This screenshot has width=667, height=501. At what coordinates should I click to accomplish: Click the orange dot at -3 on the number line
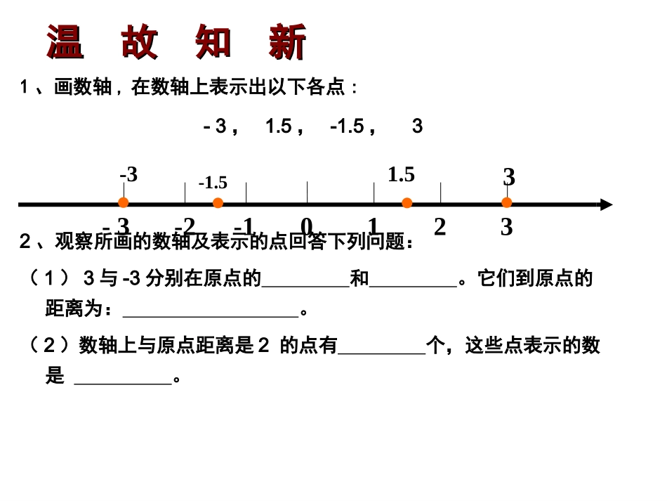[x=123, y=203]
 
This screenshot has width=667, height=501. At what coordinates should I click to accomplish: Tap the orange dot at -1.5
[x=218, y=203]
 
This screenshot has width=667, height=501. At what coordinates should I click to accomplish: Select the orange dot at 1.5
[x=407, y=203]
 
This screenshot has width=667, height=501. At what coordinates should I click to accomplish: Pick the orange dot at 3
[x=507, y=203]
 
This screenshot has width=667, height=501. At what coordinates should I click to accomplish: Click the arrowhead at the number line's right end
[x=607, y=204]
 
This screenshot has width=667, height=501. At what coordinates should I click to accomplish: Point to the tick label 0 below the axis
[x=307, y=226]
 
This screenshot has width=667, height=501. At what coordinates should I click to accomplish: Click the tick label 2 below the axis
[x=440, y=227]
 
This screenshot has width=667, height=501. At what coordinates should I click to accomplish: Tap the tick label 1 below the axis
[x=373, y=226]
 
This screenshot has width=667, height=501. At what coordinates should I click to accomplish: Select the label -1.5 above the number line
[x=213, y=183]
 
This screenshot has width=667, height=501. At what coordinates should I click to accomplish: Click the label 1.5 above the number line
[x=401, y=175]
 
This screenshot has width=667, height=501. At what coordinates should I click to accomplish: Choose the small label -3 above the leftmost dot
[x=128, y=174]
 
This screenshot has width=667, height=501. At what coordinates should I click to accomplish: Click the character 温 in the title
[x=65, y=42]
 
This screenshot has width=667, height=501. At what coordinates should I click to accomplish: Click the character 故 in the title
[x=140, y=42]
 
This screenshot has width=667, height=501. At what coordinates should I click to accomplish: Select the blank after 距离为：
[x=211, y=311]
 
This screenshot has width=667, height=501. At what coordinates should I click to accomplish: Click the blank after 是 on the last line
[x=123, y=379]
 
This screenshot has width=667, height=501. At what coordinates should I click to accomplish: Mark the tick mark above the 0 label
[x=307, y=192]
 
